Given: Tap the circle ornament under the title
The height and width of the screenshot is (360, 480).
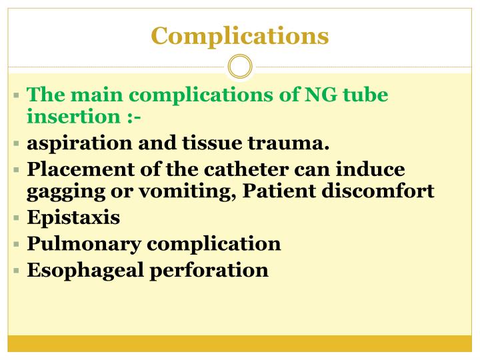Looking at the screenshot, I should [240, 67].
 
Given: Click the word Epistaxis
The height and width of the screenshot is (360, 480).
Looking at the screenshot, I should [73, 218].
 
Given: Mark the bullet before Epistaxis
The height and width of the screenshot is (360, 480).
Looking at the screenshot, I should [16, 218].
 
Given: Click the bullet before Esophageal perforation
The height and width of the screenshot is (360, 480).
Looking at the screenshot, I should [16, 270].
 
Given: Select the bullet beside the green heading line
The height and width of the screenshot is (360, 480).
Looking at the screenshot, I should [16, 95].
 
